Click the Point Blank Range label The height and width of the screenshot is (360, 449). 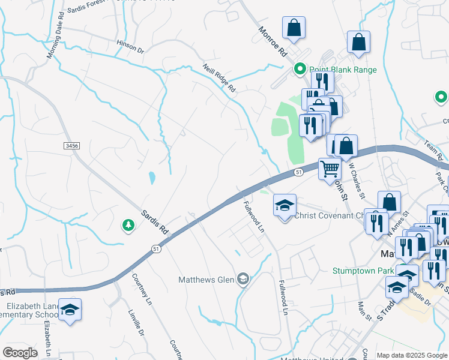click(343, 70)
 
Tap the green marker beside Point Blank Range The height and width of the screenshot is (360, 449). click(300, 70)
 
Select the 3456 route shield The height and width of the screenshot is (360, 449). click(71, 146)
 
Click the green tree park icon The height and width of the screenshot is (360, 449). click(128, 225)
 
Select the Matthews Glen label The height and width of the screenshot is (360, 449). click(208, 279)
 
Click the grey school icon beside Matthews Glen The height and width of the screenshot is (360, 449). click(243, 278)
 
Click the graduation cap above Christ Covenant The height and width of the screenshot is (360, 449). click(285, 205)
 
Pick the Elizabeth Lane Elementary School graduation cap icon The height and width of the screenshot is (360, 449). click(70, 309)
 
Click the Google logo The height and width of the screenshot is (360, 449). click(20, 353)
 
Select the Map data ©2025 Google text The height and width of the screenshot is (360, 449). click(411, 355)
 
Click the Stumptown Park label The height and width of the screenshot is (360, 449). click(364, 271)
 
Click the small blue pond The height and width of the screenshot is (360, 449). click(152, 178)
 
